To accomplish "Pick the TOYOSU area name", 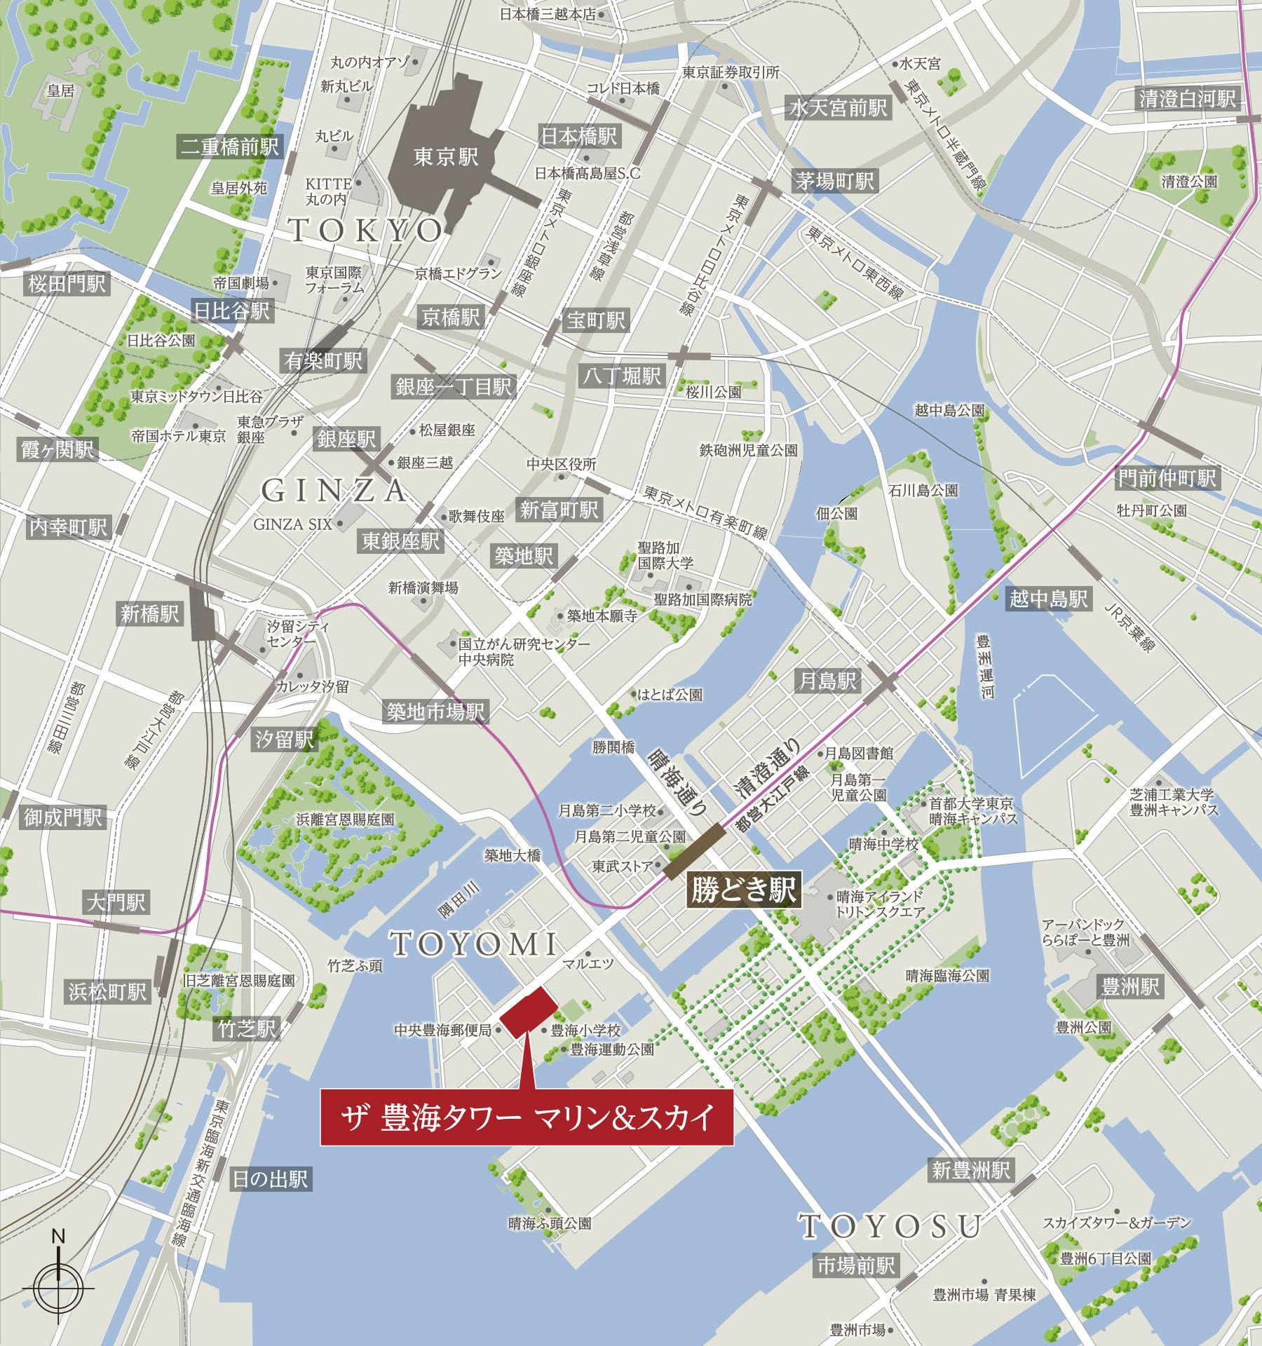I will coord(890,1226).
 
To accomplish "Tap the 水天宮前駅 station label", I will coord(839,107).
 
